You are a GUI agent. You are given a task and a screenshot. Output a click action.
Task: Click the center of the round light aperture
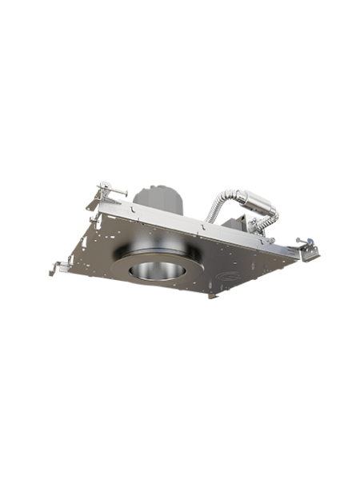158,270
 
